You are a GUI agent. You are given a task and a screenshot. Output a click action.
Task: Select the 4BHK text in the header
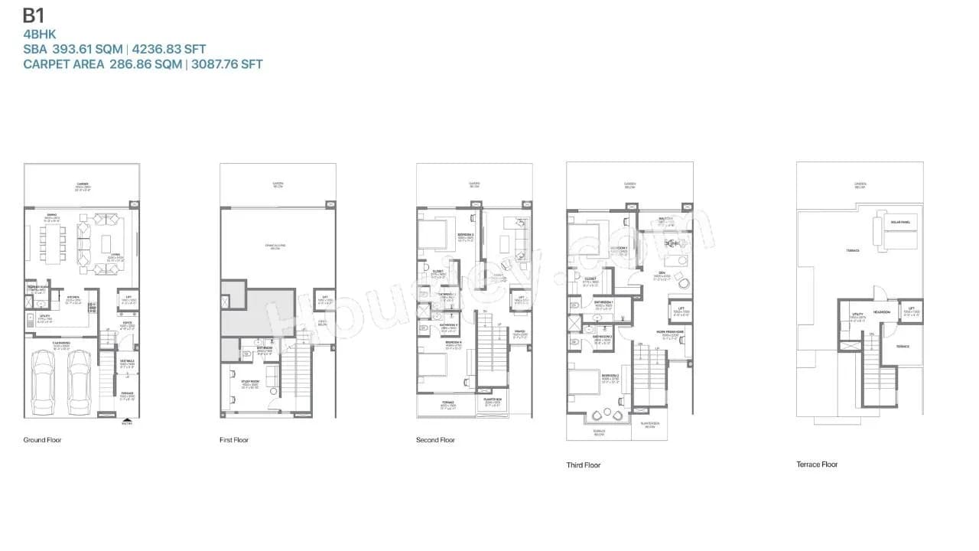click(x=40, y=34)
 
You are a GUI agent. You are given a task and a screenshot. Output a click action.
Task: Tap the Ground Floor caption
click(x=42, y=440)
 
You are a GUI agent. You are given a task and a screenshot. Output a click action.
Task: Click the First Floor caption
click(x=234, y=440)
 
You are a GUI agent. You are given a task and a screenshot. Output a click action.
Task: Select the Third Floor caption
click(x=584, y=465)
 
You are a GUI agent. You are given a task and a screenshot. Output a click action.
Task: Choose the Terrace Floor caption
click(x=817, y=465)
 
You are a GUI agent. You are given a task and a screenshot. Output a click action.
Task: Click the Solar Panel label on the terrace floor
click(x=899, y=223)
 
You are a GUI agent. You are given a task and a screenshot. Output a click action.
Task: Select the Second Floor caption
click(x=435, y=440)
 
